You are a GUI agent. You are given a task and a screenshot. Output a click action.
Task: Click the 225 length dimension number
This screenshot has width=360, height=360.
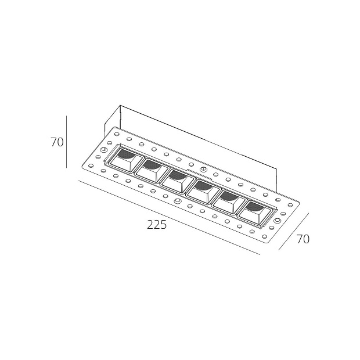(x=157, y=225)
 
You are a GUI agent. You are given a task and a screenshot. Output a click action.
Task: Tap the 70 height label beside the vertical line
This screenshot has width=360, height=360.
(x=57, y=142)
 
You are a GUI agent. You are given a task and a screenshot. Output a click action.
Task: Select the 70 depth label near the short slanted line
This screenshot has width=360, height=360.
(x=303, y=239)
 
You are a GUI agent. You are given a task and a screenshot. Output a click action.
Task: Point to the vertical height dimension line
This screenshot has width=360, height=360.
(x=67, y=142)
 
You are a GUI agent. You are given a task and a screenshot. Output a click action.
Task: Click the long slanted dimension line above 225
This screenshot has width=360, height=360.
(x=168, y=217)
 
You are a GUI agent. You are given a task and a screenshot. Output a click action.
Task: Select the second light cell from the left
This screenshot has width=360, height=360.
(x=152, y=169)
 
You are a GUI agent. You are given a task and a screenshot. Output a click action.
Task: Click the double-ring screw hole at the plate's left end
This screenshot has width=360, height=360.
(x=103, y=151)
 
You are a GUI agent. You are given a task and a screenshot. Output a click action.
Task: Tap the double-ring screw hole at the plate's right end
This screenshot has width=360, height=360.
(x=278, y=221)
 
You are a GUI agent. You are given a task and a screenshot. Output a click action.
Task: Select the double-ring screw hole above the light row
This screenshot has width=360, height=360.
(x=203, y=170)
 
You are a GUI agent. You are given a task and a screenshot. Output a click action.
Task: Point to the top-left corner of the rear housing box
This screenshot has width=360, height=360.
(x=120, y=106)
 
